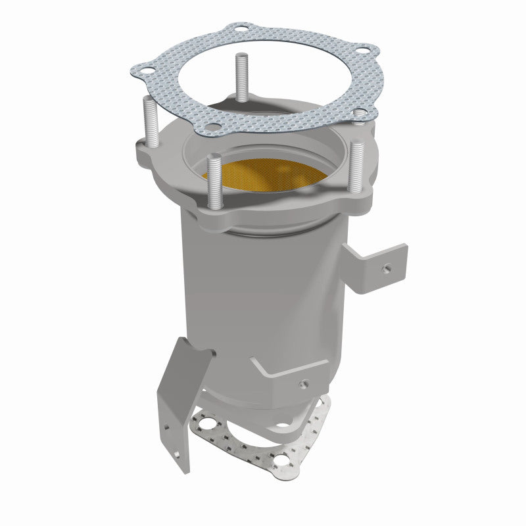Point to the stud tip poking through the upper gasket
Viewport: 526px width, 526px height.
click(x=358, y=113)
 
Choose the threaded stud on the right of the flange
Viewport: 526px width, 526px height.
click(x=357, y=164)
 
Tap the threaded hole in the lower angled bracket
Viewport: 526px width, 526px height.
click(x=304, y=384)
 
